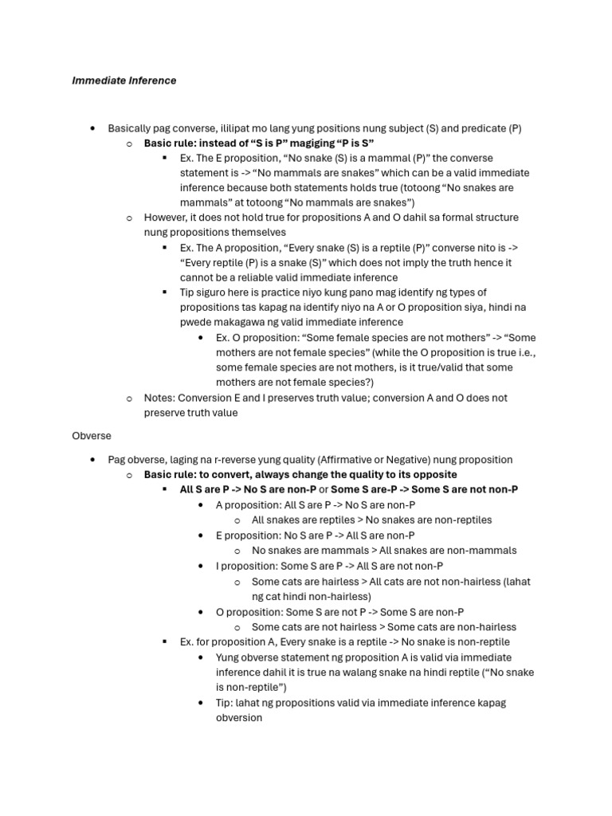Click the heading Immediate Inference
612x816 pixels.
(124, 80)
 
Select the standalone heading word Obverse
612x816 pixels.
(92, 436)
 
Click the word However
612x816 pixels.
(167, 218)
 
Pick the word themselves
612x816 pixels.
(260, 232)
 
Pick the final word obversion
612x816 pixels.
(239, 717)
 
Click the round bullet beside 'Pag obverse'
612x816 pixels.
(93, 460)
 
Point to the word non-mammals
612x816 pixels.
(484, 551)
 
